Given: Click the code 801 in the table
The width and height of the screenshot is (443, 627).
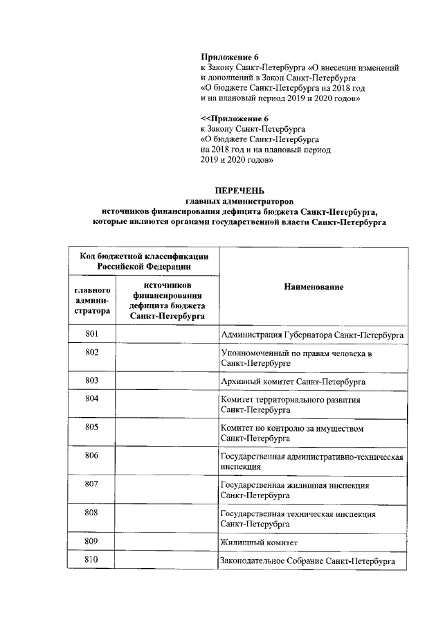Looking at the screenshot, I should [92, 335].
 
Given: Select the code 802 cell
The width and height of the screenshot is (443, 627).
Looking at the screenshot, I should [92, 353].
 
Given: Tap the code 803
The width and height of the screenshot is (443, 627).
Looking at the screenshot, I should [92, 380].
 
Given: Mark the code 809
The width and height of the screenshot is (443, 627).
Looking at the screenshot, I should [92, 540].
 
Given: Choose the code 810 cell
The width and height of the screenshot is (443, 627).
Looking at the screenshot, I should [92, 559].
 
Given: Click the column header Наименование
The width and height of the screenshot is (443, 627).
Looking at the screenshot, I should [313, 286].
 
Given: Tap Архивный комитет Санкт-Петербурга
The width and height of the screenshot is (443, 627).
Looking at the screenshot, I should [293, 382].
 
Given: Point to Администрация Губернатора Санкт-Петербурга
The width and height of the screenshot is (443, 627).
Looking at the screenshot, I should [311, 335].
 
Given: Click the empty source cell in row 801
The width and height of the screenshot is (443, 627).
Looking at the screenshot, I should [166, 335].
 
